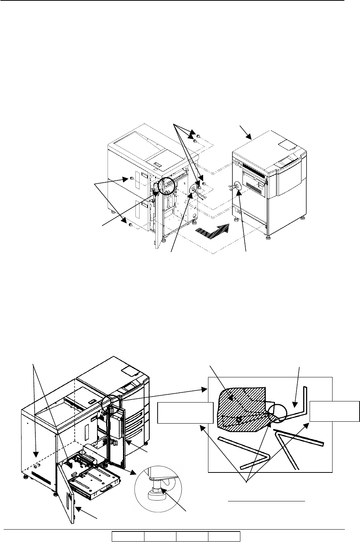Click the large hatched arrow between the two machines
click(x=211, y=230)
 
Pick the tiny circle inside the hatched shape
click(x=238, y=418)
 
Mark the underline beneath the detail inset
click(x=267, y=501)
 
